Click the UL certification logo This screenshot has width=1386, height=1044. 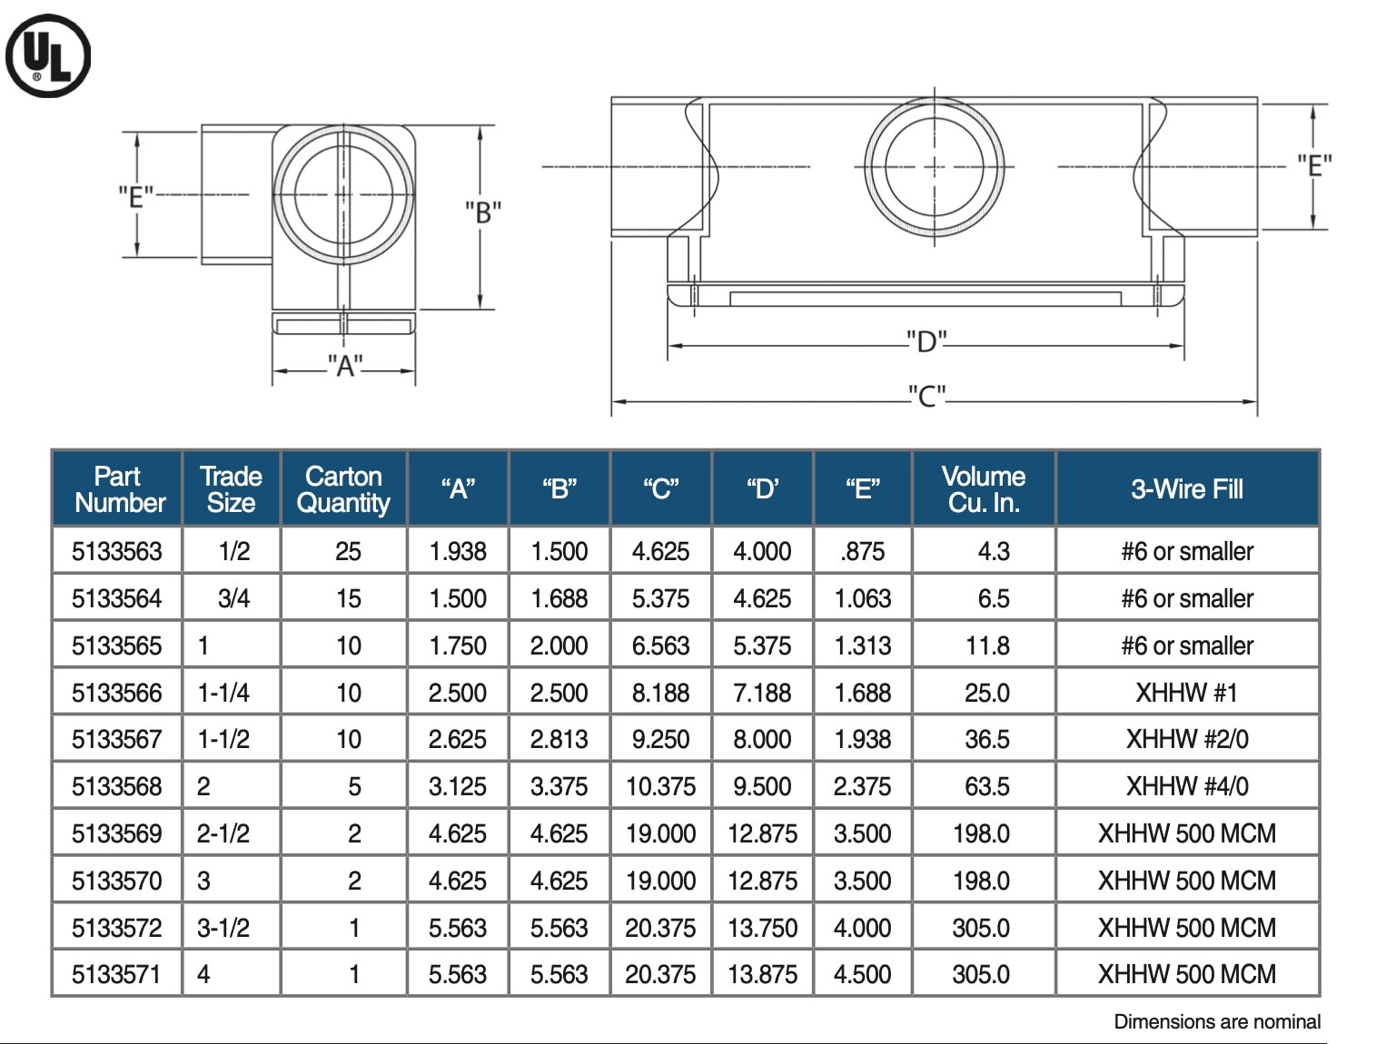(48, 55)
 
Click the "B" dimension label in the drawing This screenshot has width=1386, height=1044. (483, 212)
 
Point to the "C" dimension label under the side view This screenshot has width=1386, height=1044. (926, 397)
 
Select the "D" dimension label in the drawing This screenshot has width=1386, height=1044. (926, 342)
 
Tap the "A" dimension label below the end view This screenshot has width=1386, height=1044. (345, 366)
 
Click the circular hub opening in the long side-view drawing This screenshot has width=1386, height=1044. (935, 167)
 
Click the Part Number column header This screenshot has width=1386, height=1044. (118, 489)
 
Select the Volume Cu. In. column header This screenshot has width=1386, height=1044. (984, 489)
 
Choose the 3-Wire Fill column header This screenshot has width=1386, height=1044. (1186, 489)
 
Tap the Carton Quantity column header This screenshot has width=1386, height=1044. (343, 489)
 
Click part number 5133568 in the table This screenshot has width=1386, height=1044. (117, 786)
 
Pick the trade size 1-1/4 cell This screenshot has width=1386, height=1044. (223, 693)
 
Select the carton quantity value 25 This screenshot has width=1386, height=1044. (348, 551)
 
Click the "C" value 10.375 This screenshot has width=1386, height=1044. (660, 786)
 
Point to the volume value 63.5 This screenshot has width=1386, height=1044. (986, 786)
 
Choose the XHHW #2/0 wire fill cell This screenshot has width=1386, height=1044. (1186, 739)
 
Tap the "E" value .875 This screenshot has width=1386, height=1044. (862, 551)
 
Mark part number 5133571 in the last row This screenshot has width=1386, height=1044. (117, 974)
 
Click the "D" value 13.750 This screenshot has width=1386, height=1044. (762, 928)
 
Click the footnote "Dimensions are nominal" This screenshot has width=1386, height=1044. (1216, 1022)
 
